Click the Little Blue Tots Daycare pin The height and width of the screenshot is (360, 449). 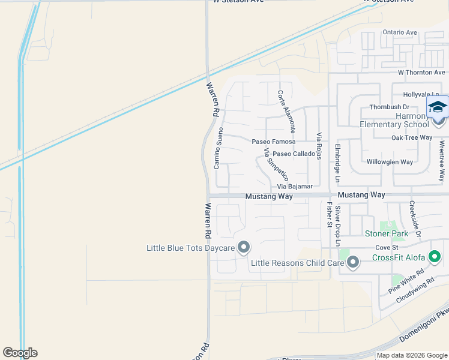(244, 247)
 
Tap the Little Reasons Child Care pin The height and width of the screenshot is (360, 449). (353, 262)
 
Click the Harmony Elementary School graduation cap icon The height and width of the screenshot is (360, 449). (438, 107)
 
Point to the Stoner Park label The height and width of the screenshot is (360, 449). (387, 233)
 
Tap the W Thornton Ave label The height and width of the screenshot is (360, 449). (421, 72)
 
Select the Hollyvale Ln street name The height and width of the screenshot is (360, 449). (421, 95)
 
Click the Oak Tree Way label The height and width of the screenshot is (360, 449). (412, 137)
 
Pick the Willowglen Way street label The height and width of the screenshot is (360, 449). (390, 162)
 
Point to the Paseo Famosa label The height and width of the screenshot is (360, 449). (274, 142)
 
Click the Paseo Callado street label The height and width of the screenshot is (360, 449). (295, 154)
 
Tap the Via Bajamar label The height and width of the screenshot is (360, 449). (295, 187)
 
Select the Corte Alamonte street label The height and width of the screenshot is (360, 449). (286, 112)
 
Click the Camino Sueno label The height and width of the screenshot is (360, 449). (220, 148)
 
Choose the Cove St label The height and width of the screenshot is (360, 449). (387, 247)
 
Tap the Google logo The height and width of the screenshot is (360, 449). (20, 353)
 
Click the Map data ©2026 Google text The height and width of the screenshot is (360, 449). (412, 355)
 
